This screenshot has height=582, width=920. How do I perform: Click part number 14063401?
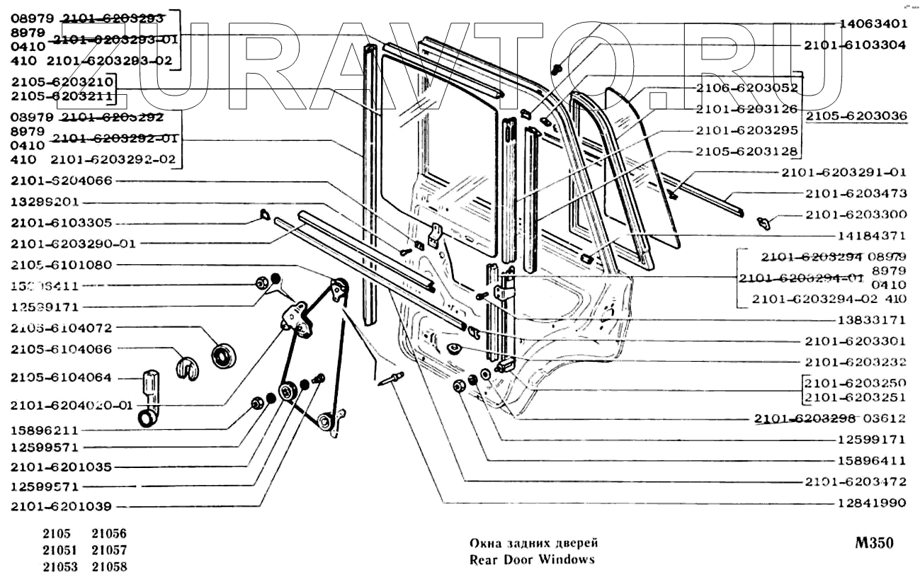(x=873, y=23)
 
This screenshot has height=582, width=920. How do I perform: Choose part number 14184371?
(x=873, y=235)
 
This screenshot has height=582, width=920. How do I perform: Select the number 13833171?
(x=873, y=320)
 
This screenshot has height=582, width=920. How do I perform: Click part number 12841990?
(x=873, y=503)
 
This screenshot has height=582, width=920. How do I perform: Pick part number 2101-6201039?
(x=62, y=507)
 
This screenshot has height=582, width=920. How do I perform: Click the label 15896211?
(x=45, y=430)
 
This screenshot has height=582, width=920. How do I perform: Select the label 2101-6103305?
(x=62, y=222)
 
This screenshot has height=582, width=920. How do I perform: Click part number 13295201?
(x=45, y=201)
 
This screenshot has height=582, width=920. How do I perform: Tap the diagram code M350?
(x=874, y=544)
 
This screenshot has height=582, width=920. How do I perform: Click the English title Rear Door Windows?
(x=532, y=559)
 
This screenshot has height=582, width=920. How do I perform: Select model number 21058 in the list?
(x=109, y=566)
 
